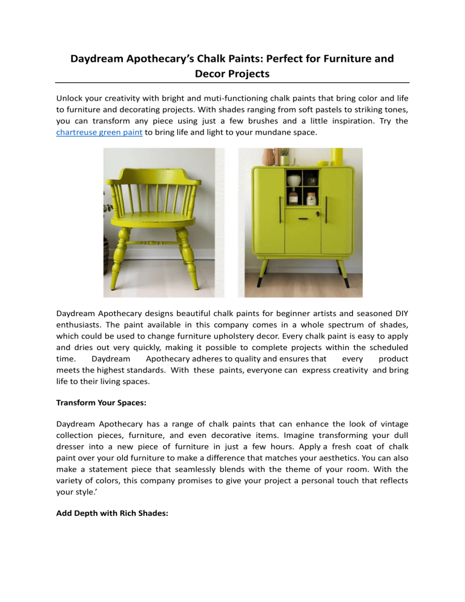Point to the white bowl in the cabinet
[x=295, y=180]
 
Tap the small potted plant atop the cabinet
[x=285, y=159]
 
